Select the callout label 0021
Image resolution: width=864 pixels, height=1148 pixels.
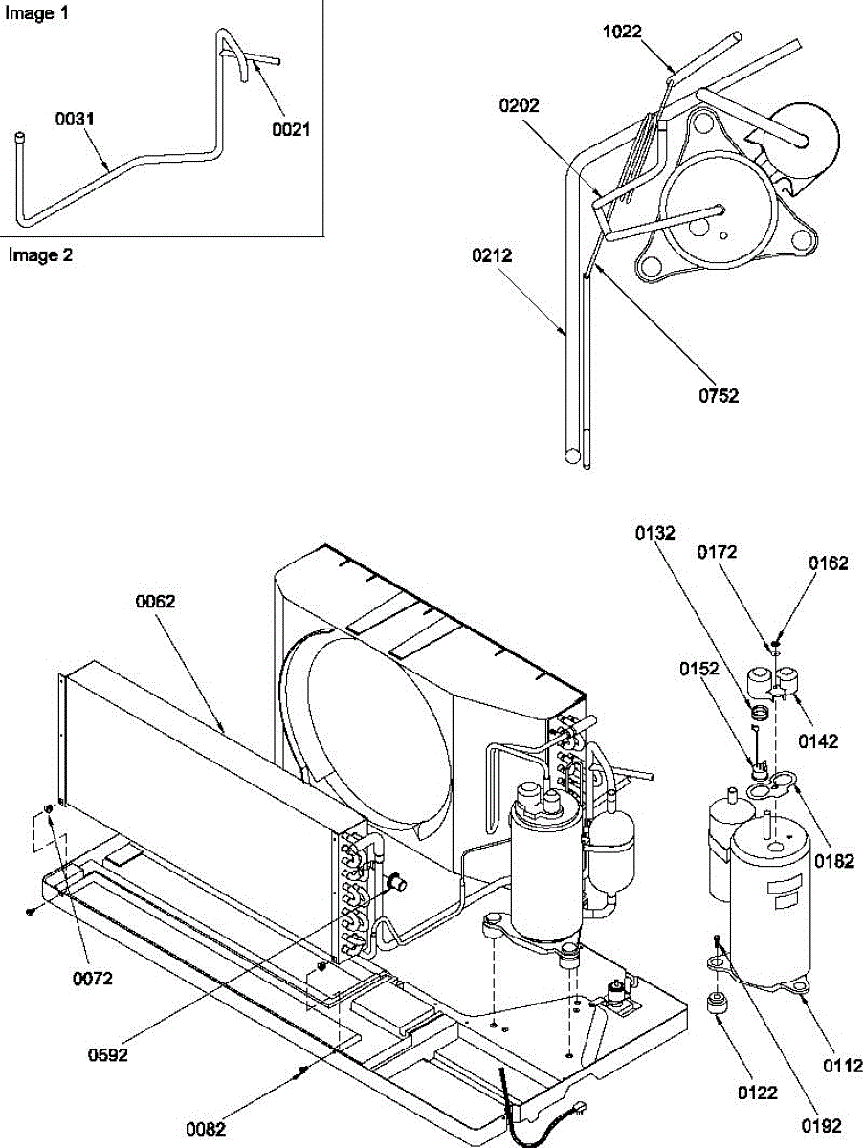coord(292,129)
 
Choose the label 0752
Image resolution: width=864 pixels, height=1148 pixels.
coord(720,396)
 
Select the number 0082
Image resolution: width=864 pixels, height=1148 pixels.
coord(206,1129)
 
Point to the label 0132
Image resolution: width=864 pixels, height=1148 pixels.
coord(657,533)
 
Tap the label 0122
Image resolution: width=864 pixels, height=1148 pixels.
coord(757,1093)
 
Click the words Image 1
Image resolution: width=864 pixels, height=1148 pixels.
coord(31,14)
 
